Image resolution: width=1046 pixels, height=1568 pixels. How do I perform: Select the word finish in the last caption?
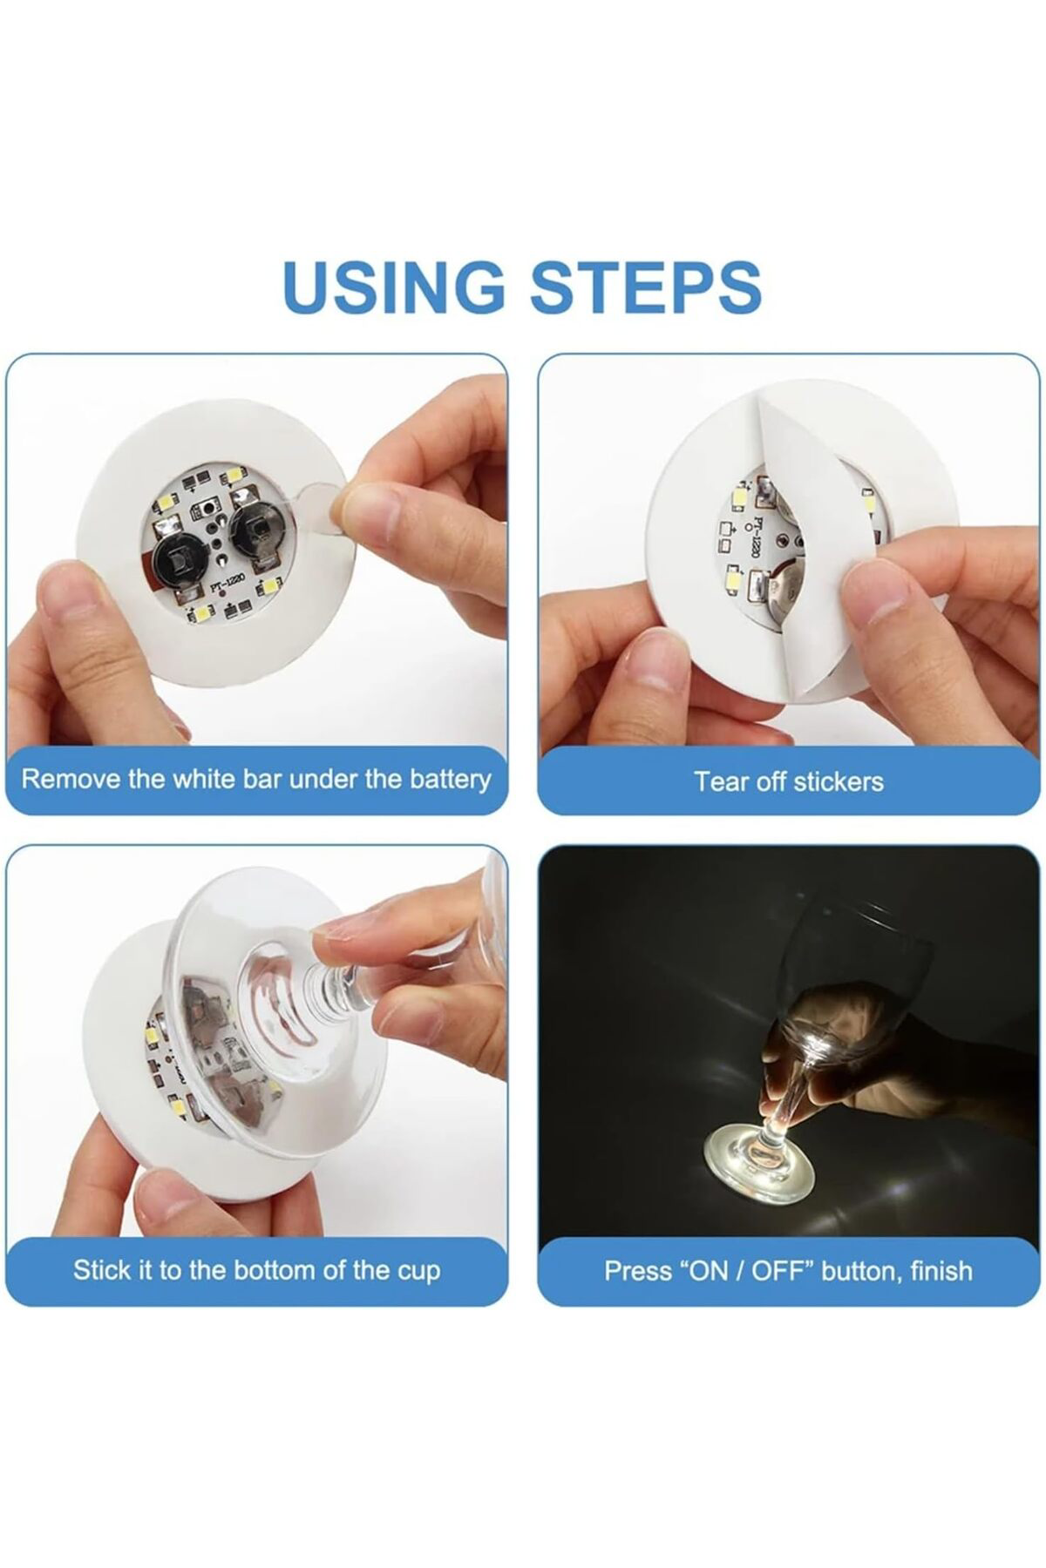click(941, 1271)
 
